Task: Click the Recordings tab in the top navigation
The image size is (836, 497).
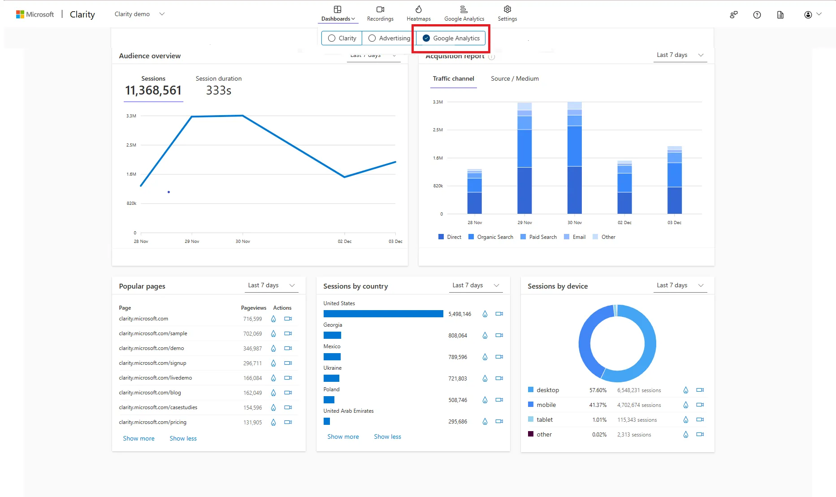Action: pos(380,13)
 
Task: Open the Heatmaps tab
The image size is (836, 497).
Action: pos(418,13)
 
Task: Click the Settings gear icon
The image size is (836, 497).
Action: pos(507,10)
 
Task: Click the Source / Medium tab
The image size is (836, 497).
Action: pos(515,79)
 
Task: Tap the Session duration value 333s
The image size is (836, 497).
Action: pos(219,91)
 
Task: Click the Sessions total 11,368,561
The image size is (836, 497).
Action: pos(153,91)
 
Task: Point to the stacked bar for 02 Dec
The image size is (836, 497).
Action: pos(624,188)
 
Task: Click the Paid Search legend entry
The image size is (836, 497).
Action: pos(538,237)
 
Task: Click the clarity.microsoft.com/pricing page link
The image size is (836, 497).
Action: pos(152,422)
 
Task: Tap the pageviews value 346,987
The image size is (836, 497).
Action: pos(252,349)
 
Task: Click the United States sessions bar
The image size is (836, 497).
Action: pos(383,314)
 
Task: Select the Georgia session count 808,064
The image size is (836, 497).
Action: pos(458,336)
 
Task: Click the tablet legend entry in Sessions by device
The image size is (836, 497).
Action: pos(544,420)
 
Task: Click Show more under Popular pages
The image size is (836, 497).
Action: pos(139,439)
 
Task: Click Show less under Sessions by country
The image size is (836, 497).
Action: pos(387,437)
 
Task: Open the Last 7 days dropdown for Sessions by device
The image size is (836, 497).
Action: pos(680,285)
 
